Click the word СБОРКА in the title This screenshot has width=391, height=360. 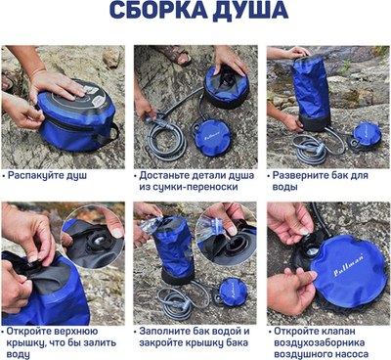[158, 10]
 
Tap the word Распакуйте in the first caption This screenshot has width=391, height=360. [30, 176]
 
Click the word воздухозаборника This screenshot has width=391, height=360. [320, 343]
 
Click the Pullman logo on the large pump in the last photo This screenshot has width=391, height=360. [349, 264]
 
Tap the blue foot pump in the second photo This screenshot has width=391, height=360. [212, 137]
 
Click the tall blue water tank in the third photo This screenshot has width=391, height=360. [311, 93]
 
